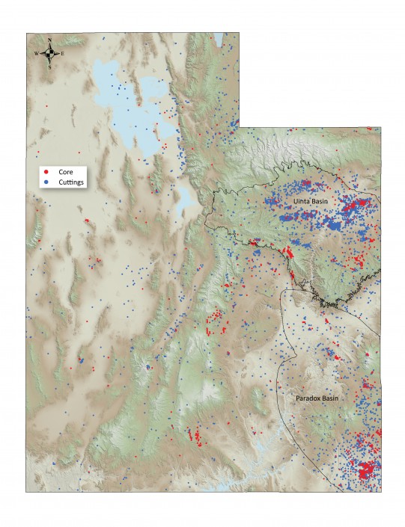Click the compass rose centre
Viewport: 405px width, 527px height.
coord(49,53)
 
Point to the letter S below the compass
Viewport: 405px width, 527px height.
coord(49,67)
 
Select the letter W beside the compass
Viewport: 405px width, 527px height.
coord(35,54)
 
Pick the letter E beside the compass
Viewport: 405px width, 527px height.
coord(63,54)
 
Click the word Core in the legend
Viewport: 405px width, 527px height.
coord(65,171)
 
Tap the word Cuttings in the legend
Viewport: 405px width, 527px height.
coord(71,182)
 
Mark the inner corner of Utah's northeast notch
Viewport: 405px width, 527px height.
coord(240,126)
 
